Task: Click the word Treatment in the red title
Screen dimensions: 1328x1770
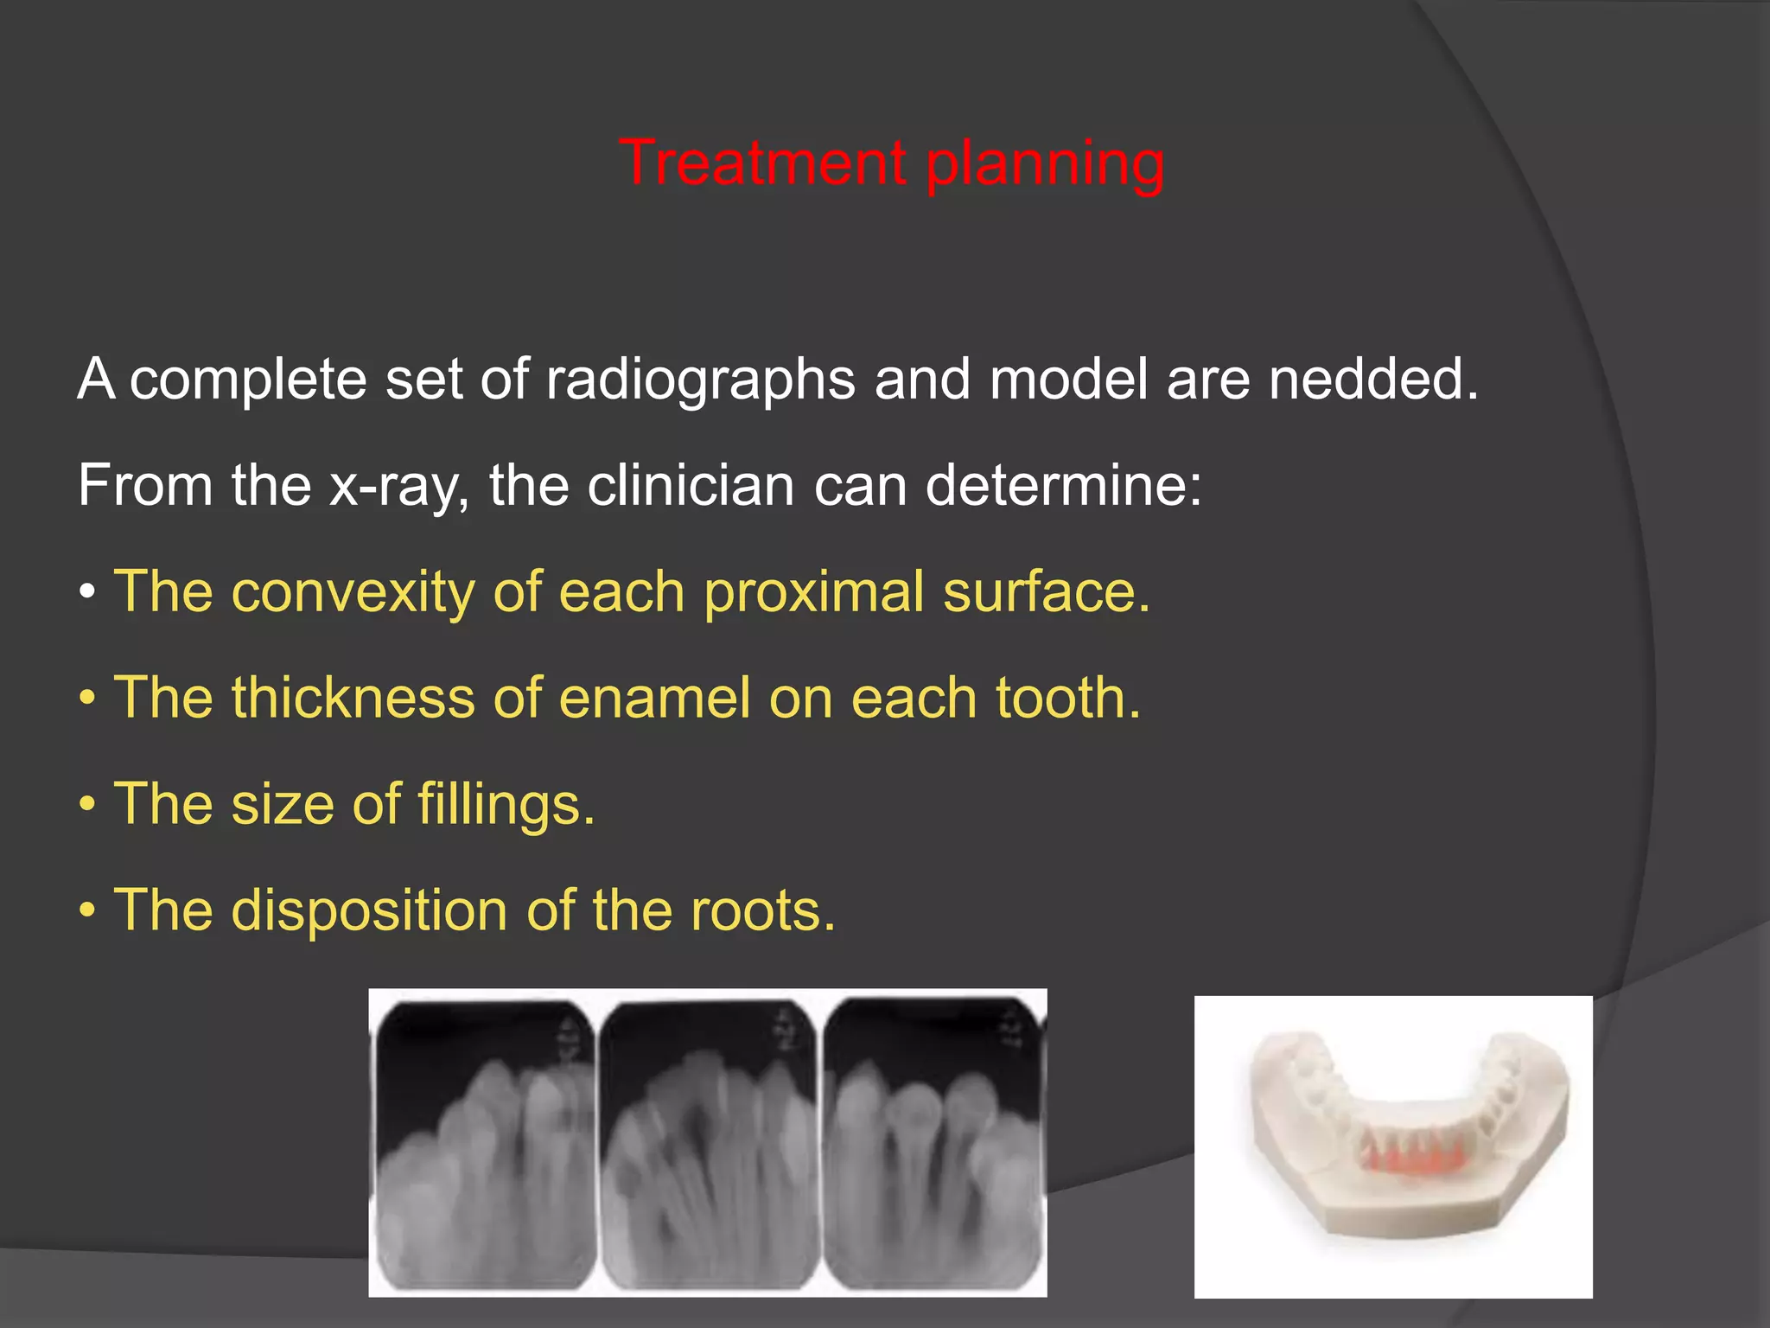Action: pos(762,163)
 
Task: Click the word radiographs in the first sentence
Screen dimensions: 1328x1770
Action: pos(700,380)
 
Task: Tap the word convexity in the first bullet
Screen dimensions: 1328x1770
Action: pos(353,592)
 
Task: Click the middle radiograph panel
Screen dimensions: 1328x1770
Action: pos(710,1141)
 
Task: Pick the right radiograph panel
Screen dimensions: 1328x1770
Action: pos(933,1141)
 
